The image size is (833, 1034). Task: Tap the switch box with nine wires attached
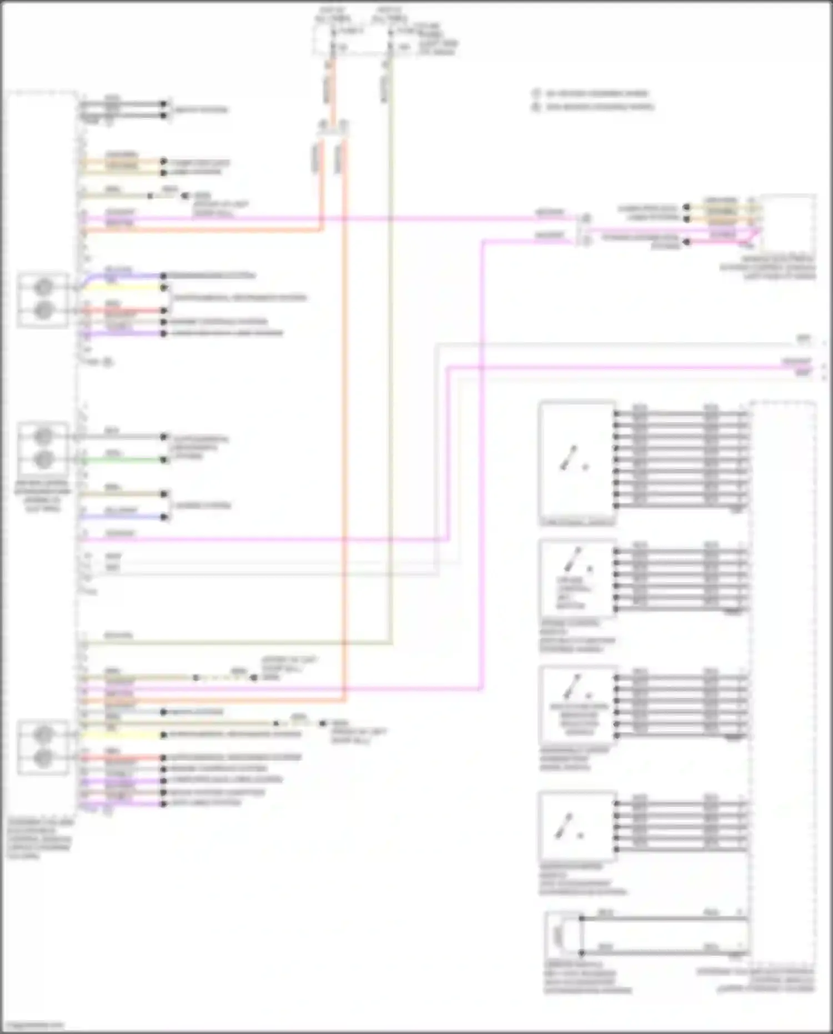(577, 461)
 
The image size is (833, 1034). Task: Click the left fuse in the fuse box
(333, 39)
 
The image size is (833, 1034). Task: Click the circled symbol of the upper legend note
(536, 94)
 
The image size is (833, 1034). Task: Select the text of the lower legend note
(600, 107)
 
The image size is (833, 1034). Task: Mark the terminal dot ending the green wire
(164, 460)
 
